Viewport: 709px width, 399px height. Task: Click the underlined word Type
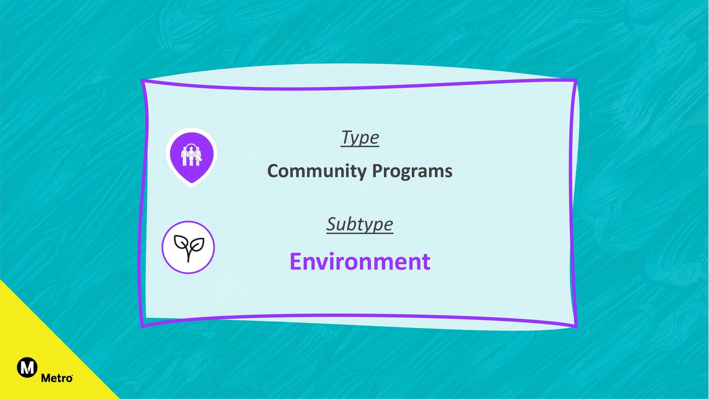click(x=360, y=138)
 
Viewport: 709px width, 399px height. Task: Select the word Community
click(x=317, y=171)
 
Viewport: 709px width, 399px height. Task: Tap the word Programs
click(x=412, y=171)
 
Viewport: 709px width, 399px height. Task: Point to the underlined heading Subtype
click(x=359, y=224)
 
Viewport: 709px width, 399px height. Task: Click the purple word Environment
click(x=360, y=262)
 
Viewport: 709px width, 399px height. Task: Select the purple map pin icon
click(x=191, y=157)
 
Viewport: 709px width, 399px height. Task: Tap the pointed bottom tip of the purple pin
click(x=192, y=183)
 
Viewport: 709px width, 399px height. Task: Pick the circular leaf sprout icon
click(x=188, y=247)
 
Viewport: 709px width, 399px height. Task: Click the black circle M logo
click(x=27, y=368)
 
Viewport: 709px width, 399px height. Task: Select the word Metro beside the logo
click(x=57, y=378)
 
